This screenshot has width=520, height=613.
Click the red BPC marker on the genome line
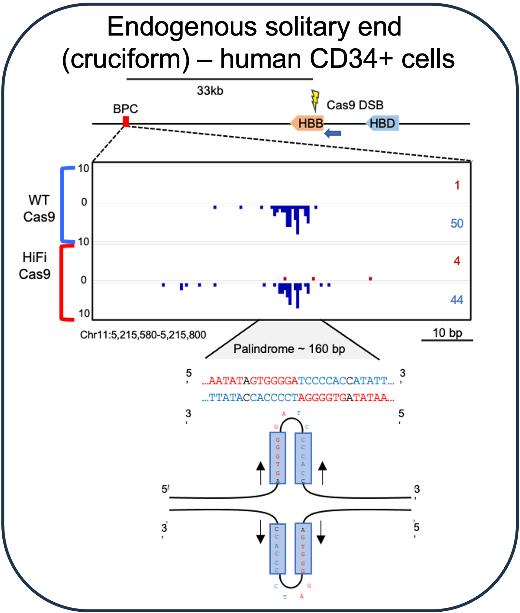pyautogui.click(x=126, y=122)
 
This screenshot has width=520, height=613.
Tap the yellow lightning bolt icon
pyautogui.click(x=315, y=101)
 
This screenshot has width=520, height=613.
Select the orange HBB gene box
pyautogui.click(x=307, y=123)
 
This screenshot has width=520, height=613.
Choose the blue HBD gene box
pyautogui.click(x=382, y=124)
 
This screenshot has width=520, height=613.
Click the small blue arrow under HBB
pyautogui.click(x=333, y=133)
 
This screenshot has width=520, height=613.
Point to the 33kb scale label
pyautogui.click(x=210, y=91)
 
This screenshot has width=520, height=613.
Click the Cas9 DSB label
pyautogui.click(x=355, y=105)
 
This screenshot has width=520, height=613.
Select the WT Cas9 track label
pyautogui.click(x=39, y=208)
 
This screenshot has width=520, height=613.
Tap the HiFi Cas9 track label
pyautogui.click(x=35, y=266)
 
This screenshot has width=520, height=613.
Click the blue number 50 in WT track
pyautogui.click(x=457, y=223)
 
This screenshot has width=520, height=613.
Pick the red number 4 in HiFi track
pyautogui.click(x=457, y=261)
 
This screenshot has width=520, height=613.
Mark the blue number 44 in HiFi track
pyautogui.click(x=456, y=300)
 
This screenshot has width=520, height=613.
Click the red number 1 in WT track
pyautogui.click(x=457, y=185)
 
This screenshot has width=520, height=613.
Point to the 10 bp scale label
pyautogui.click(x=447, y=333)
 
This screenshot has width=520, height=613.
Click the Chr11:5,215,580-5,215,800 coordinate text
pyautogui.click(x=143, y=335)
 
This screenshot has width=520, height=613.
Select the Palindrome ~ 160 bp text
pyautogui.click(x=289, y=349)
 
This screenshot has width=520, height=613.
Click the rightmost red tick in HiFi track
pyautogui.click(x=370, y=279)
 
